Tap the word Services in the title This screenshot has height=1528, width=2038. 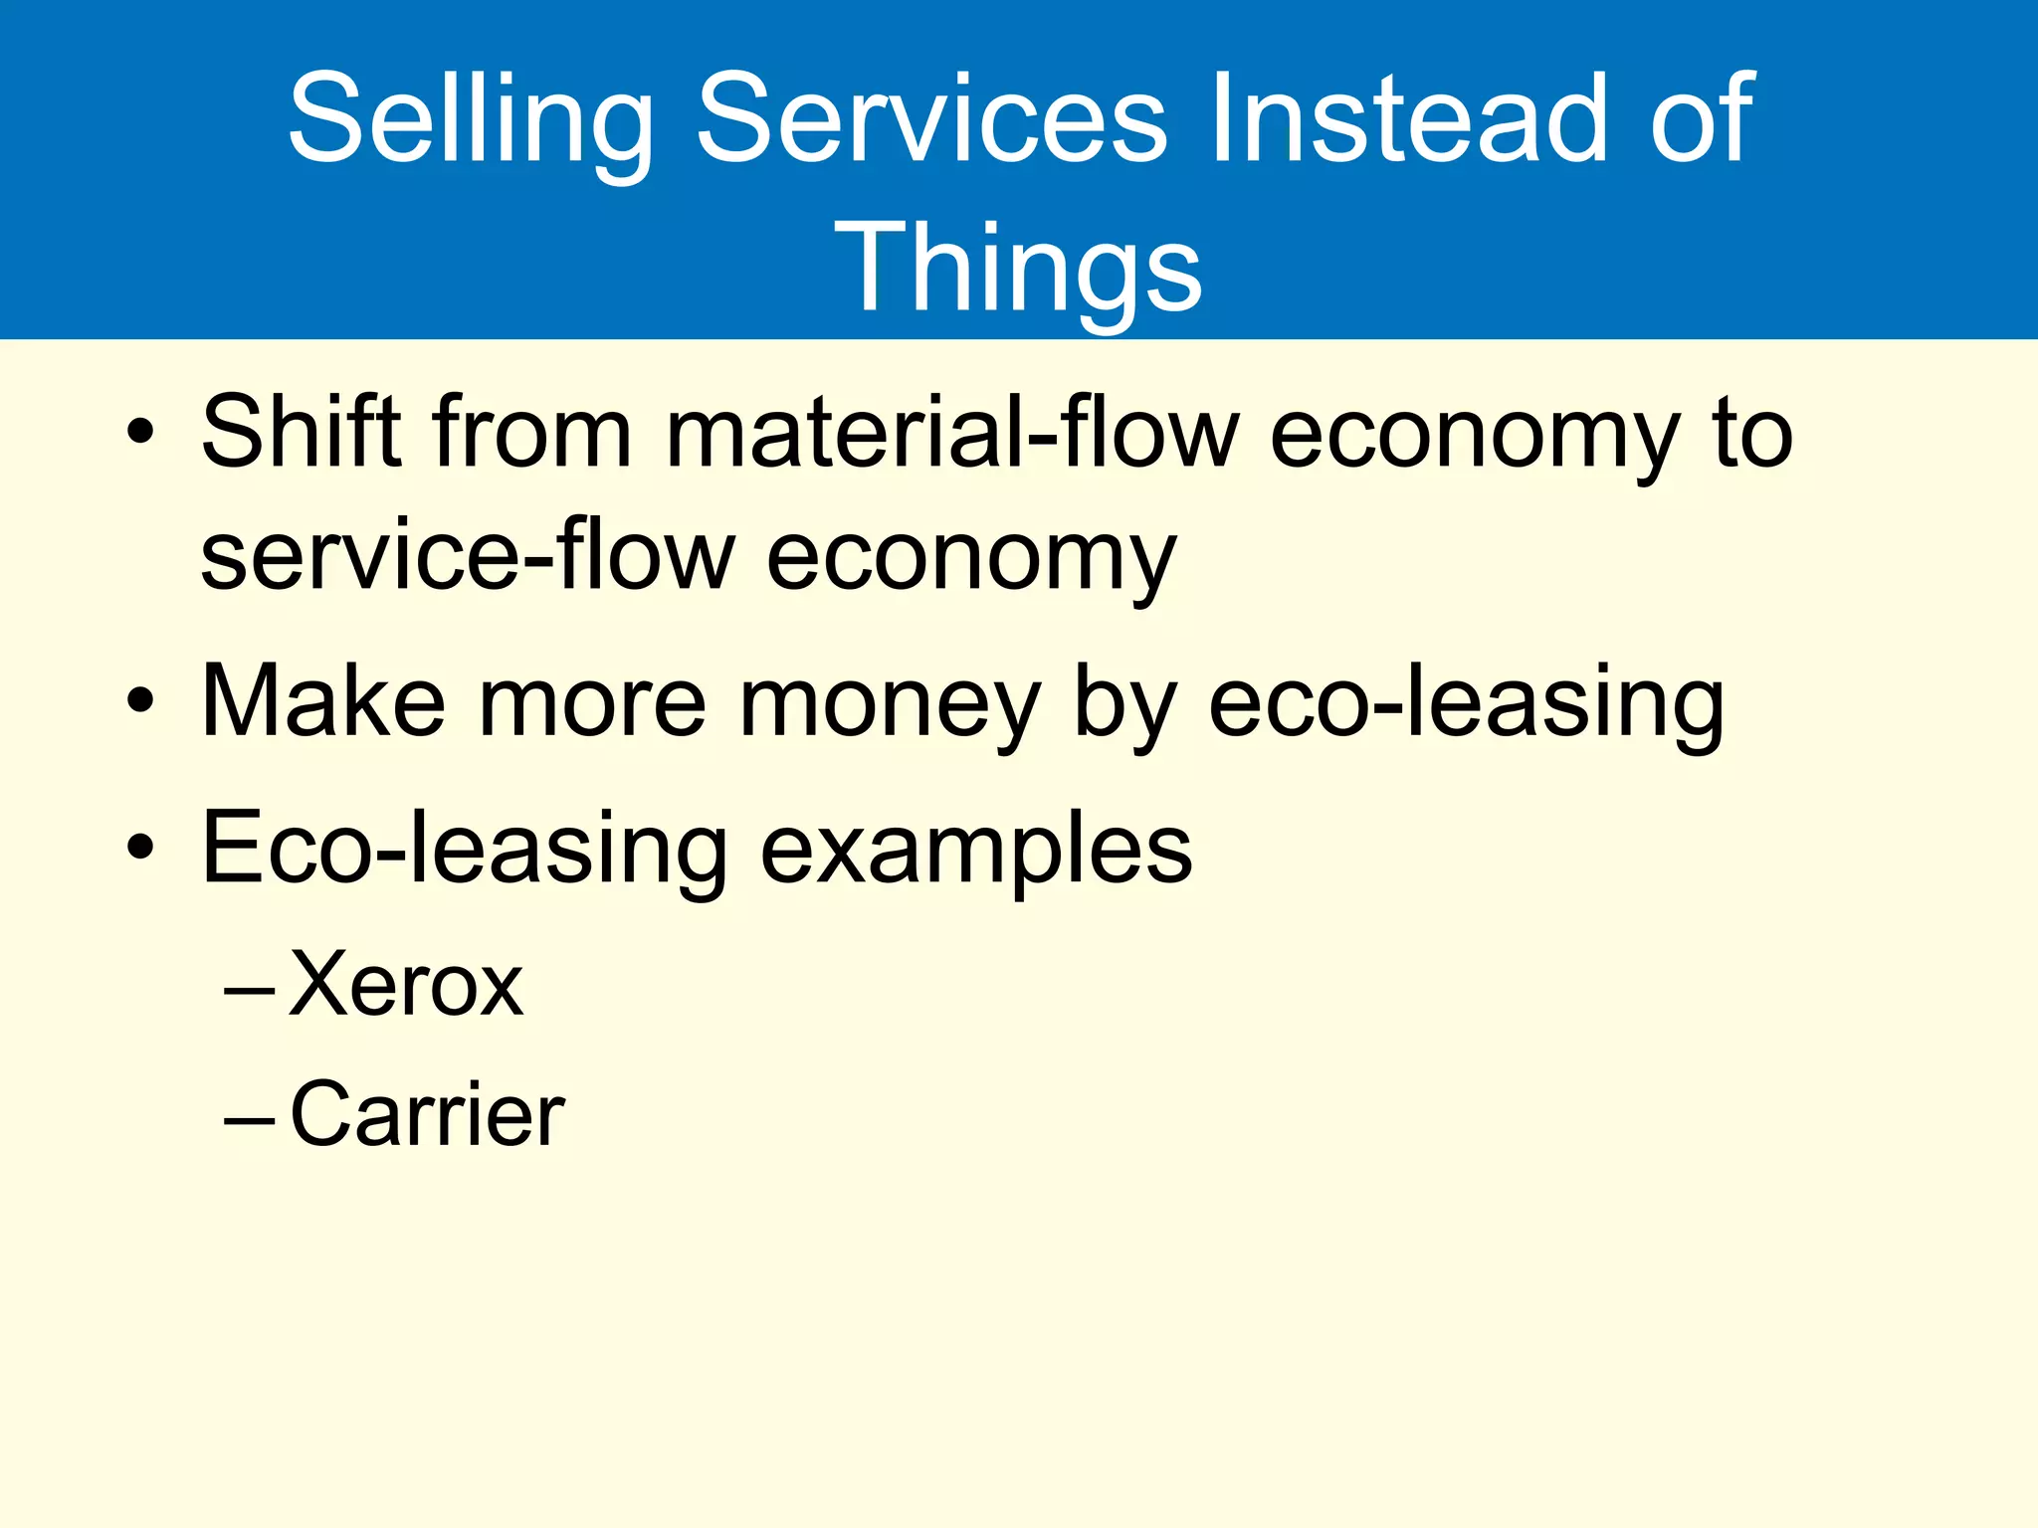(930, 119)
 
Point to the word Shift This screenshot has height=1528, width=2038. (301, 432)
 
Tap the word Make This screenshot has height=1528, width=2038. (322, 702)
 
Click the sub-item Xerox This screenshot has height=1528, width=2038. (406, 985)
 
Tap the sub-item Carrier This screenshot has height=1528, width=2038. (427, 1114)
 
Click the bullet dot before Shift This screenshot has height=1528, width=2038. (140, 433)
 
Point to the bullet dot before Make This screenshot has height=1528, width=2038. (140, 700)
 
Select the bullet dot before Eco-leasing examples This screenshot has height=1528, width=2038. (140, 848)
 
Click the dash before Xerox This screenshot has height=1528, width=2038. (249, 991)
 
